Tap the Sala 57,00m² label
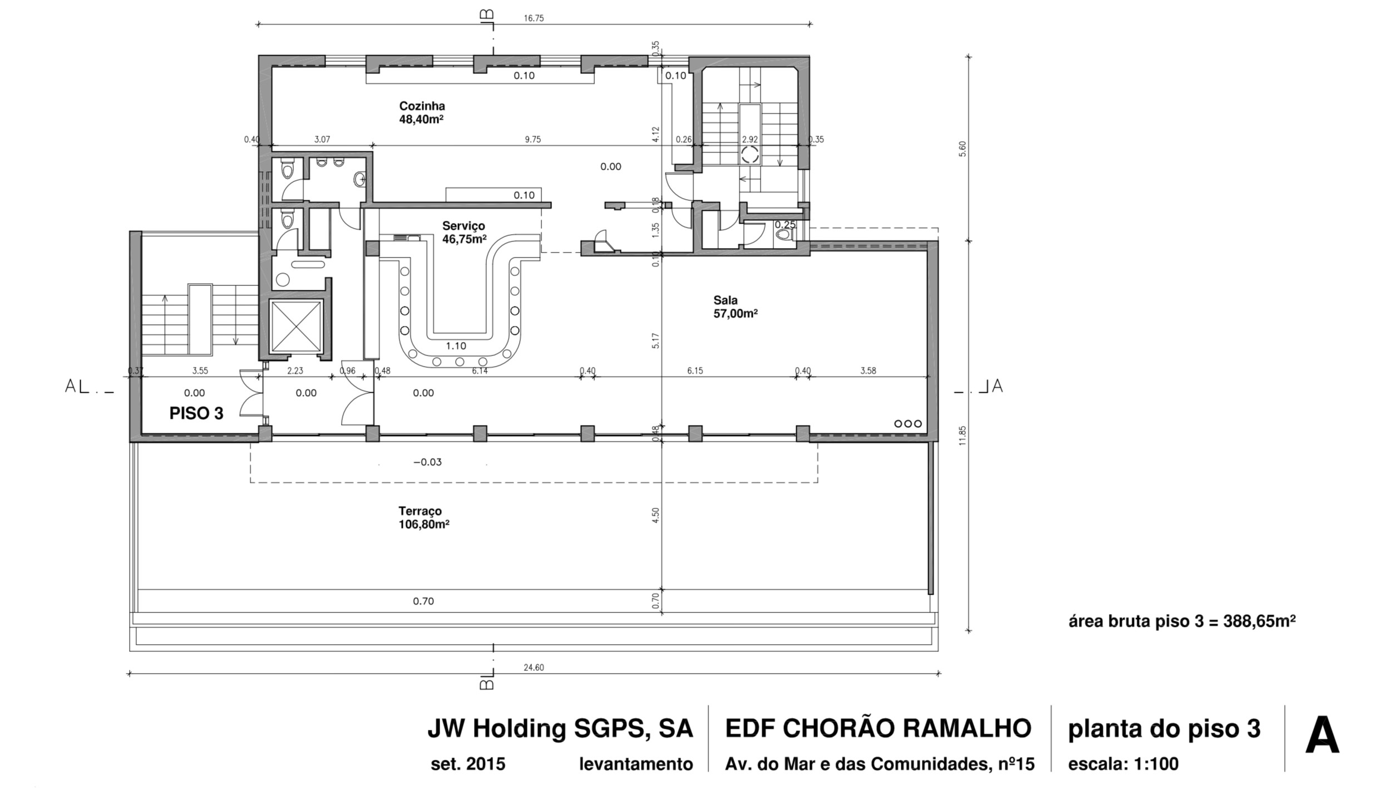tap(735, 306)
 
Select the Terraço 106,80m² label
tap(423, 517)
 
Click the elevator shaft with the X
tap(295, 327)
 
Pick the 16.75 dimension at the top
tap(533, 18)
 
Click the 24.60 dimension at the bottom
tap(533, 668)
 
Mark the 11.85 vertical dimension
tap(963, 436)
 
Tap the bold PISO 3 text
tap(196, 413)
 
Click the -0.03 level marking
tap(427, 462)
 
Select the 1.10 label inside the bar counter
tap(456, 346)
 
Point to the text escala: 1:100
tap(1123, 764)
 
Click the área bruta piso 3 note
tap(1182, 621)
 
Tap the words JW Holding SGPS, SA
tap(560, 729)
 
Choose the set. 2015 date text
tap(467, 764)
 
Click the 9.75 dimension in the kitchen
tap(532, 140)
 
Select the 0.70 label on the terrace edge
tap(423, 601)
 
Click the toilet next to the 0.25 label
tap(784, 235)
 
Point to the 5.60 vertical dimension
tap(963, 149)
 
